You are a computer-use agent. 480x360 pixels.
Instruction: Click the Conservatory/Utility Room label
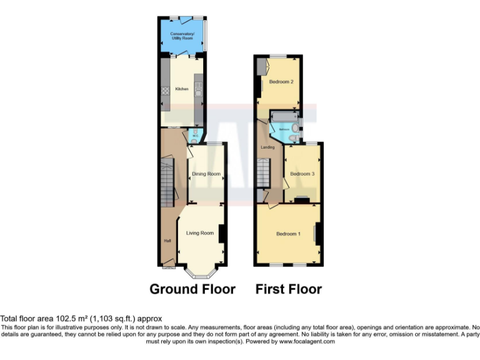pos(182,35)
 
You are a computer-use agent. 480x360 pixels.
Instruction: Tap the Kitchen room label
pos(182,89)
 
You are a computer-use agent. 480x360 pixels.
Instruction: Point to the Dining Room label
pos(206,174)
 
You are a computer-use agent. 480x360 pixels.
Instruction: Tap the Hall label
pos(167,240)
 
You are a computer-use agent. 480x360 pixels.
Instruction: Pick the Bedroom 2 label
pos(281,82)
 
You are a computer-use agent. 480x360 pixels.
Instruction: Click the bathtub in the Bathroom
pos(284,117)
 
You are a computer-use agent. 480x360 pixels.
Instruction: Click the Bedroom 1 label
pos(289,234)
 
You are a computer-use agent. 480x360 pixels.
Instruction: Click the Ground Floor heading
pos(192,289)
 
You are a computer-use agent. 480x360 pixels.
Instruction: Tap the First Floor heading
pos(288,289)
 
